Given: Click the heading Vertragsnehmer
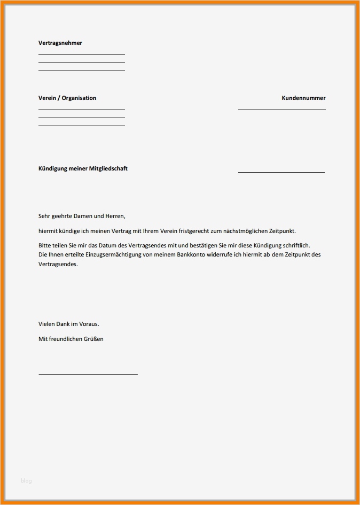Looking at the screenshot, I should (60, 43).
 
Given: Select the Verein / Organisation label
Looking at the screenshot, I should (67, 98).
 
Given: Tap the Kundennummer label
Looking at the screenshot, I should (303, 98).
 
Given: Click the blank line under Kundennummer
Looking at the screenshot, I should (281, 110).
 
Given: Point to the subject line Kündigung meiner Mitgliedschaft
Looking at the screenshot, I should (83, 168).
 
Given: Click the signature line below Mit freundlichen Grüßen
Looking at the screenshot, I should (88, 374).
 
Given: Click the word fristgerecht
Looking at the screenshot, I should (204, 231).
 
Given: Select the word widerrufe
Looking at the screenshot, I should (219, 254).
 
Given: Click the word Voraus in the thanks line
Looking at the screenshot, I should (89, 324).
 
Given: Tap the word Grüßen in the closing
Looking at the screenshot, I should (93, 339).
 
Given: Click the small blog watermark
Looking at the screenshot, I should (26, 481).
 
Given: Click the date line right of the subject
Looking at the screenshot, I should (281, 172).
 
